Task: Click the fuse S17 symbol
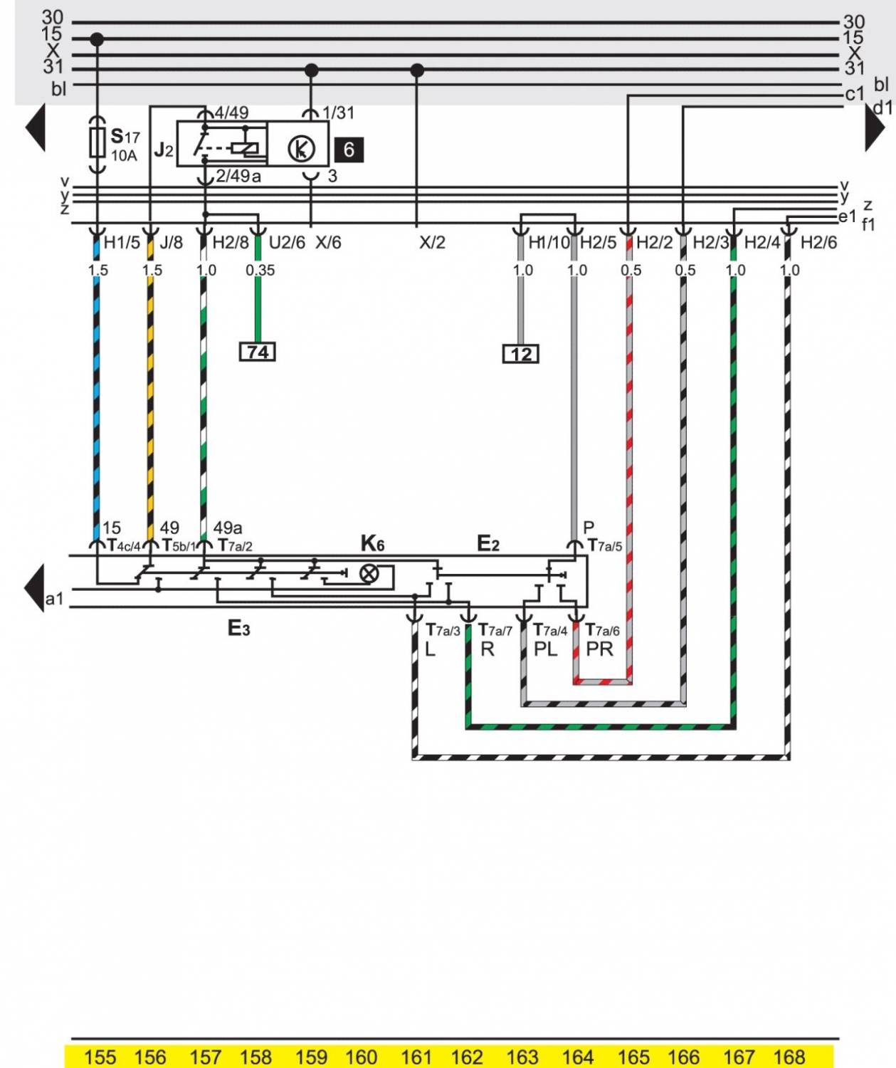97,142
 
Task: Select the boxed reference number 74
258,352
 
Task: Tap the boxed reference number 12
521,354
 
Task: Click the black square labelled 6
349,150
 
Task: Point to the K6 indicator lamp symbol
369,573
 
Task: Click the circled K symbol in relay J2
301,149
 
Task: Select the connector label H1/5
122,243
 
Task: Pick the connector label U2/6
287,243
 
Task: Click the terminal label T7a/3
443,631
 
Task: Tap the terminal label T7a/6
602,631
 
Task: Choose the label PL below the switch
546,649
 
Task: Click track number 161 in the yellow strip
416,1057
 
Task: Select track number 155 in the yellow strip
100,1057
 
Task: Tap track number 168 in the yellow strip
789,1057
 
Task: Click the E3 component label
238,628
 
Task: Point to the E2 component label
487,544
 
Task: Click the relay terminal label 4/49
231,112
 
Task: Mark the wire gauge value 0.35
260,271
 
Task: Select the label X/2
432,243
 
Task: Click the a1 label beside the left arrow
54,599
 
